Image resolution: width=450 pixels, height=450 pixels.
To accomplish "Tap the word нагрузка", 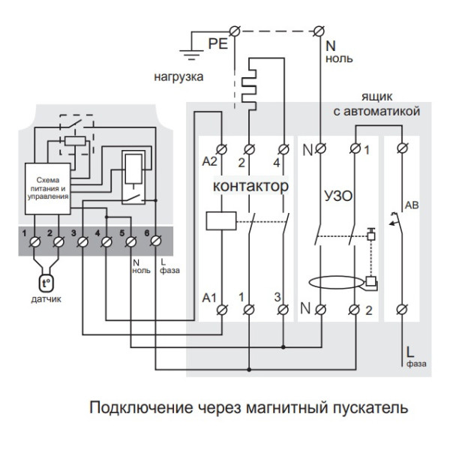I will coord(179,76).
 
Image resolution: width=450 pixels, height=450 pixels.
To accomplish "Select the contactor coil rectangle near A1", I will coord(220,220).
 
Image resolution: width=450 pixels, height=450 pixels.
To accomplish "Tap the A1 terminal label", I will coord(209,298).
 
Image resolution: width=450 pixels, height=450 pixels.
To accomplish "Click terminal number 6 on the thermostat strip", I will coord(155,241).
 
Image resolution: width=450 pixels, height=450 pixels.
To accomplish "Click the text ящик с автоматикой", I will coord(376,104).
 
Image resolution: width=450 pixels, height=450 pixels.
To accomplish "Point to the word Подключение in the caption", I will coord(133,409).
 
